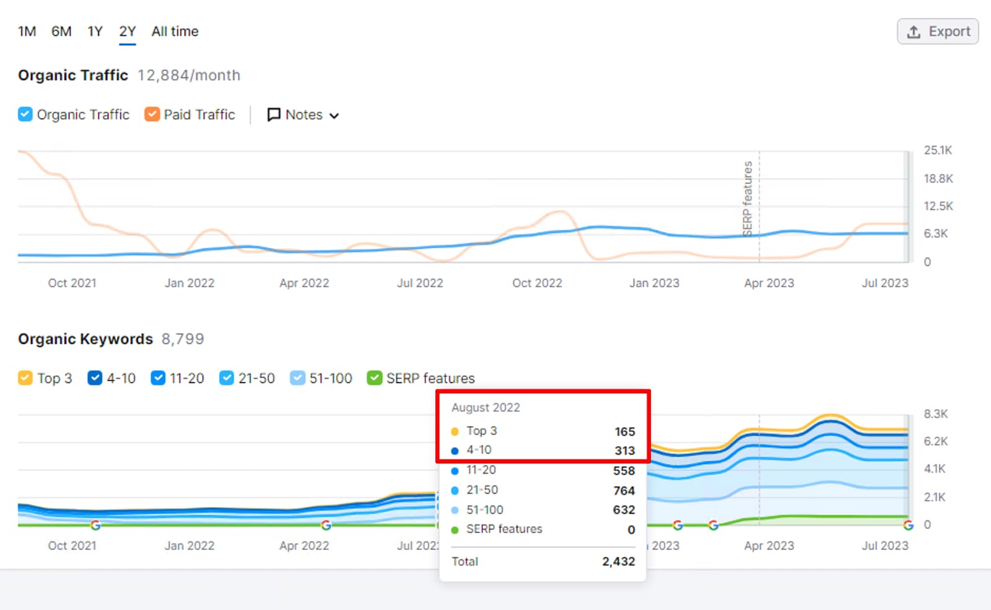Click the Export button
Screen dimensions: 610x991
[x=938, y=32]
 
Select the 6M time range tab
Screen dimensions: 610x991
[x=61, y=32]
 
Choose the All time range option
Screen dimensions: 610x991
[x=175, y=32]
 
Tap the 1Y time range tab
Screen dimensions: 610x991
[x=95, y=32]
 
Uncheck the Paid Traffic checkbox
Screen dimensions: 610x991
[x=152, y=115]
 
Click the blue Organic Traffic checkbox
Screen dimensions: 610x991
[x=25, y=115]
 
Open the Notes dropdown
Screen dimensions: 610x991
[x=303, y=115]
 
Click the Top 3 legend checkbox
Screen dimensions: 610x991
[x=25, y=378]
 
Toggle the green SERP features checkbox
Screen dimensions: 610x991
[x=374, y=378]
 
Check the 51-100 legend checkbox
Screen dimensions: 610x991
[x=298, y=378]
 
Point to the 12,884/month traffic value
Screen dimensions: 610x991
[x=189, y=76]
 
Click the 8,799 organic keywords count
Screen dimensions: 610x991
[x=183, y=339]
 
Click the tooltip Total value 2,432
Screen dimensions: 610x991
[x=618, y=562]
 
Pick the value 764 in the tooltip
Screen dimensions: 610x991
[x=624, y=491]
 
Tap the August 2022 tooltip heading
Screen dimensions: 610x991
[x=486, y=408]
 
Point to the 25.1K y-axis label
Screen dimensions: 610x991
[x=938, y=151]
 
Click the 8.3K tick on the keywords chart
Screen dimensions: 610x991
[x=935, y=414]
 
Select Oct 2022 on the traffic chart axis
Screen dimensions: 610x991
[x=537, y=283]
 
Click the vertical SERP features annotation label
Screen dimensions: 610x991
[x=748, y=198]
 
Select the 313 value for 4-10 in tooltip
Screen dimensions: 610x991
[x=624, y=451]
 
